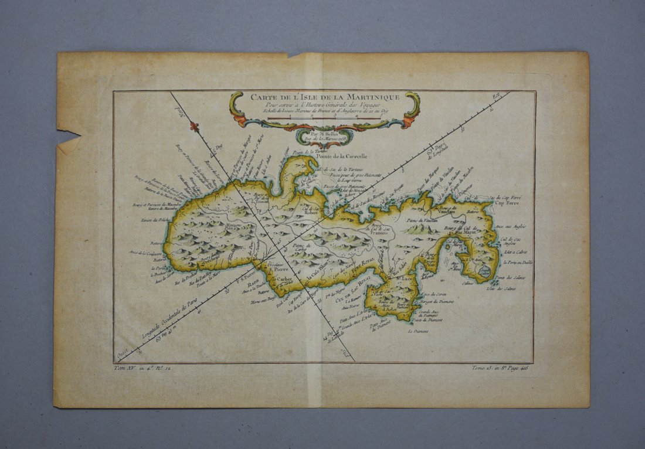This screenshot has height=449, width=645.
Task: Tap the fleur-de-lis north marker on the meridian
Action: pos(195,127)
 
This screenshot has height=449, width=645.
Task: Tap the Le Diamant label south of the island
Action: pos(418,331)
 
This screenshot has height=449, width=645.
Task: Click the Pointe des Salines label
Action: pos(504,278)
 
